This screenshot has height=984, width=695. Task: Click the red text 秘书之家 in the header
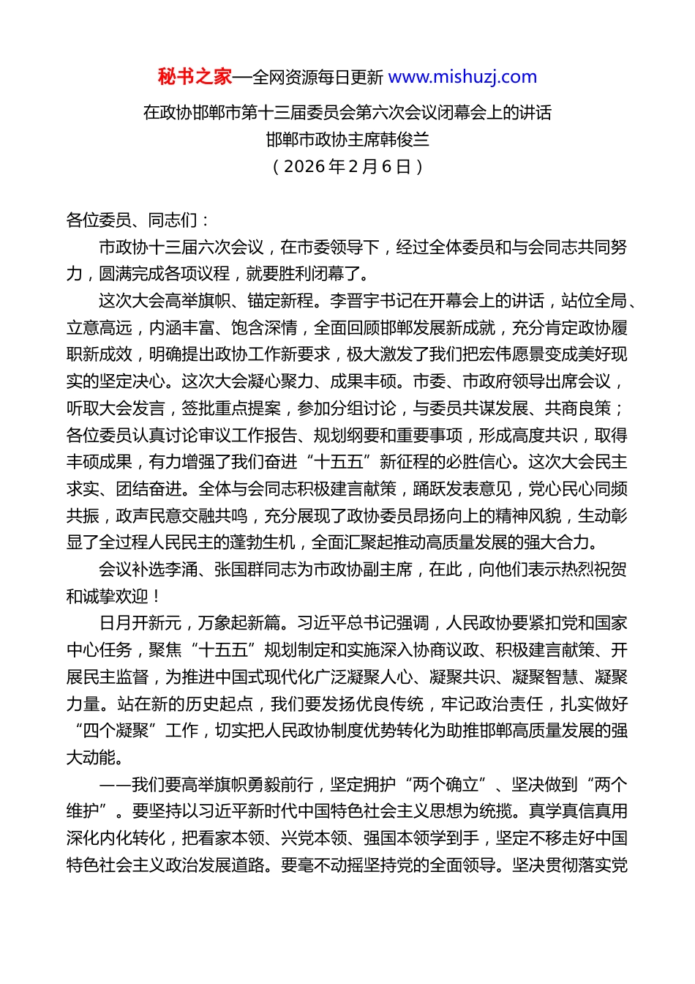click(195, 77)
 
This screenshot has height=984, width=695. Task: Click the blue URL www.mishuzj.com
click(462, 77)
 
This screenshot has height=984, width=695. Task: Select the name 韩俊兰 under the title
click(405, 139)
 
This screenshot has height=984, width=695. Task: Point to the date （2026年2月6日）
click(347, 166)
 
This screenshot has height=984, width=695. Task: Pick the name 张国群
click(239, 570)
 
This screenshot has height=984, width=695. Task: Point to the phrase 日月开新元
click(140, 623)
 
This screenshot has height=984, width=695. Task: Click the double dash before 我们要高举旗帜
click(115, 785)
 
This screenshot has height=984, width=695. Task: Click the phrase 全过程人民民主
click(165, 543)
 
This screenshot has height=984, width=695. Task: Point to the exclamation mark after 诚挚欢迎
click(157, 597)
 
